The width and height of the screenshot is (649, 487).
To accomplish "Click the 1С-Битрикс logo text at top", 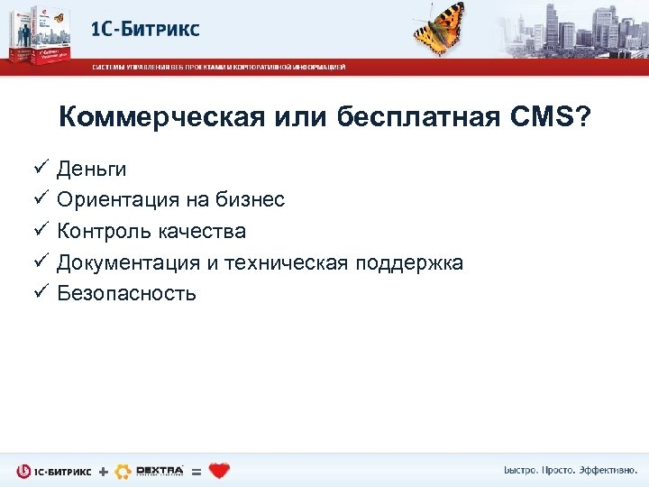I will [145, 29].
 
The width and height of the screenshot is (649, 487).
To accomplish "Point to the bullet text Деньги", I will [91, 170].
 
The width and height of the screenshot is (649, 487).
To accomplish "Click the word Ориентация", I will [117, 200].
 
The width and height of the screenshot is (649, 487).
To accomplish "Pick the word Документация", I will [126, 263].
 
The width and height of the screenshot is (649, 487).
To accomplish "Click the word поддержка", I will [409, 263].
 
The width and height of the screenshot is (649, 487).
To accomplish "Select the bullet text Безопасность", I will [126, 294].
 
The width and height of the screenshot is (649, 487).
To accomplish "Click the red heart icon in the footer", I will [219, 470].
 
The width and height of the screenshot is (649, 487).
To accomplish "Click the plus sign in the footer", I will [103, 471].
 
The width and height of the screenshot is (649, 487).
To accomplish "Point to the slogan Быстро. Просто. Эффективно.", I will [569, 470].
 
